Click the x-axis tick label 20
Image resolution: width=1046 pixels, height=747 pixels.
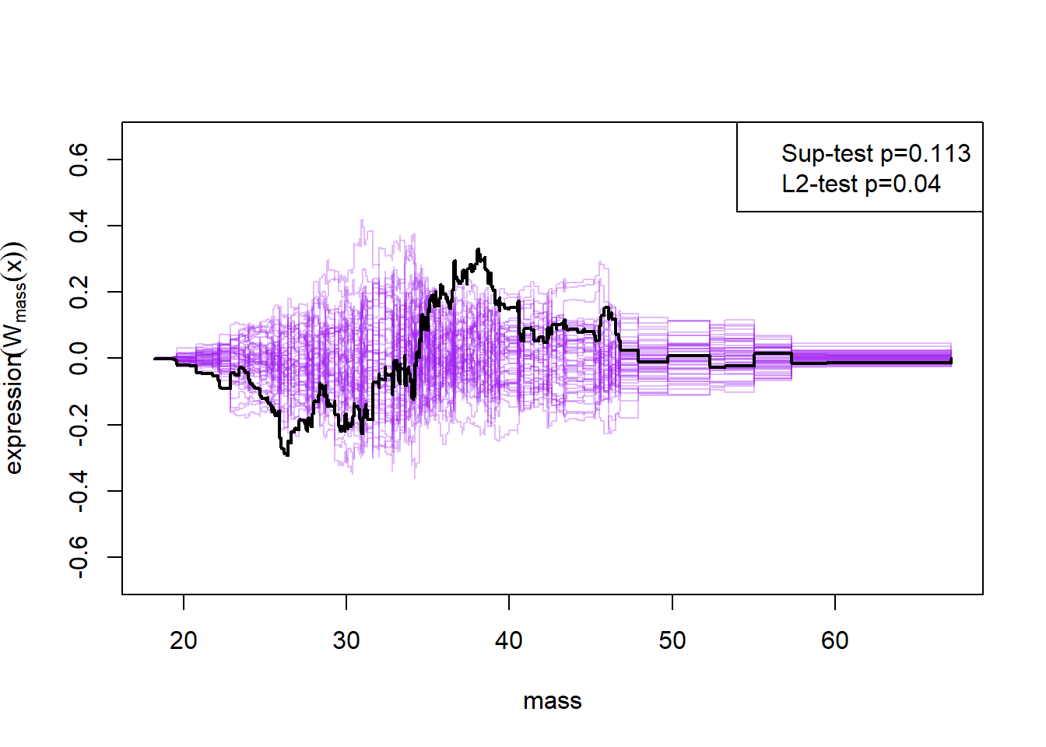pos(184,641)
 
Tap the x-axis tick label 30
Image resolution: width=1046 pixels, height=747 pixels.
pos(346,641)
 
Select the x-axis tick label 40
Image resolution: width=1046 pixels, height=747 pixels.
pos(509,641)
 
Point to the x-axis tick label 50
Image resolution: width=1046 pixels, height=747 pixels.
pos(672,641)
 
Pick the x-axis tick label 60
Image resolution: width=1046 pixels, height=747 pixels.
pos(835,641)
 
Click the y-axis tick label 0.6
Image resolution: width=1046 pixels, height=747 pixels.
pos(79,160)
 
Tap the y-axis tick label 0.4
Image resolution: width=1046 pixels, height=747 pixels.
pos(79,226)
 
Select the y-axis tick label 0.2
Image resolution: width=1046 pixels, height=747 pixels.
pos(79,293)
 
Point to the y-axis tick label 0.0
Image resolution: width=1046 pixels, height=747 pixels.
pos(79,359)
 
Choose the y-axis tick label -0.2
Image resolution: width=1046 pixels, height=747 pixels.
pos(79,424)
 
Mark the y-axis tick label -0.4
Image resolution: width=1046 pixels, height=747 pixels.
pos(79,490)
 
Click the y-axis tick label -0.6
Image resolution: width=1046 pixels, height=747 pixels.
pos(79,557)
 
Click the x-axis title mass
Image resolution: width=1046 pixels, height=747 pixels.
pos(553,701)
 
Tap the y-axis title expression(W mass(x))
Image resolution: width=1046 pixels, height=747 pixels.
pos(16,358)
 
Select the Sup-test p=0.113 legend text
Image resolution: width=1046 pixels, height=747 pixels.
pos(876,154)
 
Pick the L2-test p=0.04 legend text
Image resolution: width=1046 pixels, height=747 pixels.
pos(861,184)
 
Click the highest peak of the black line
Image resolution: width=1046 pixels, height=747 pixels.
pos(478,250)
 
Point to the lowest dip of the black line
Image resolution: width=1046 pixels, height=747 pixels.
pos(287,454)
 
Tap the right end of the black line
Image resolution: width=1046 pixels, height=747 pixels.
pos(951,361)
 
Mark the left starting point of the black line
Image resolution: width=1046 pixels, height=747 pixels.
pos(154,359)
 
